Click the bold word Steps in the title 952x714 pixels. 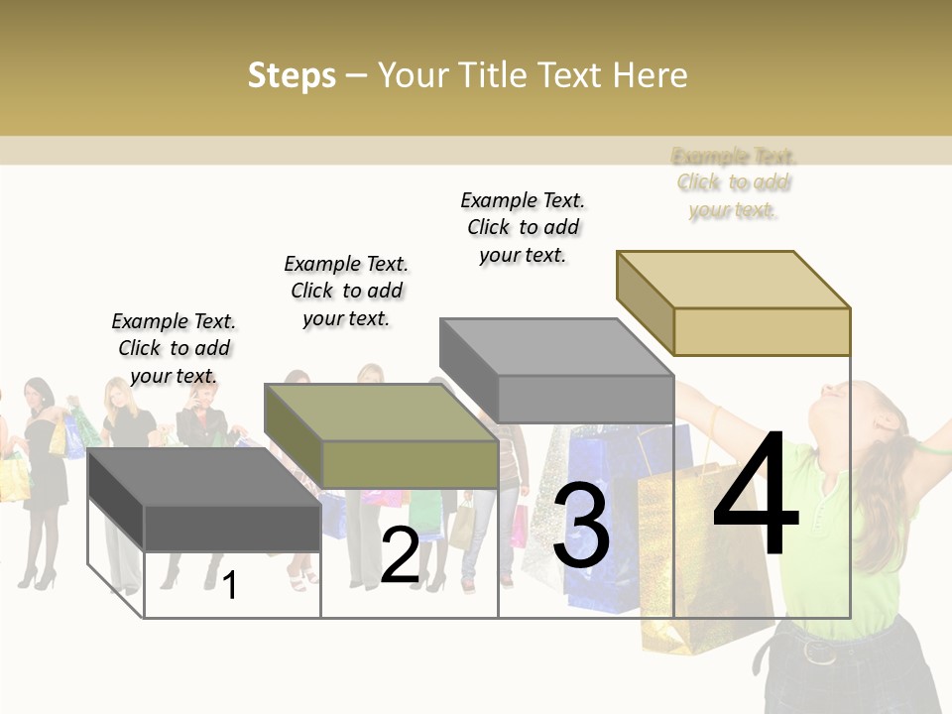[292, 75]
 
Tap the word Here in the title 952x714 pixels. [650, 75]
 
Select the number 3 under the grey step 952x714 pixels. [581, 527]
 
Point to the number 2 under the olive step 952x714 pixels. [400, 556]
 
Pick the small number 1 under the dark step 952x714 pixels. [230, 586]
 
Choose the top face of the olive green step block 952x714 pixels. [382, 413]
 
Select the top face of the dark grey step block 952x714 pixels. [205, 477]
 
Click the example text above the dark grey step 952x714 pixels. [174, 348]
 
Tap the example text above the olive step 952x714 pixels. [346, 291]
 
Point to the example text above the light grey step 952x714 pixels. [523, 227]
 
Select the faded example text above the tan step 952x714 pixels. [734, 182]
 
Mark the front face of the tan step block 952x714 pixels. [762, 331]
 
